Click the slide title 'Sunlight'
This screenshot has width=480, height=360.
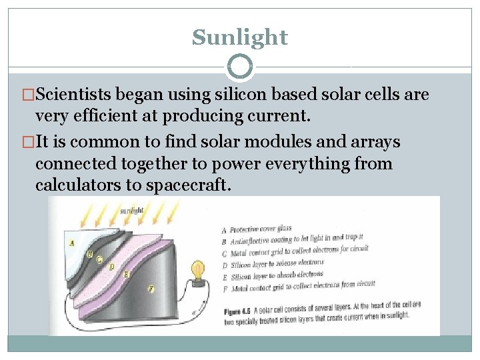click(240, 37)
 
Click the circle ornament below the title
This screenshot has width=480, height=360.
click(240, 67)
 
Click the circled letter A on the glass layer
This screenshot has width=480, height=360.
click(71, 243)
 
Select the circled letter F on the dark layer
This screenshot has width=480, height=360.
click(151, 289)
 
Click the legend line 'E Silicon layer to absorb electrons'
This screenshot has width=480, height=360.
click(271, 274)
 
